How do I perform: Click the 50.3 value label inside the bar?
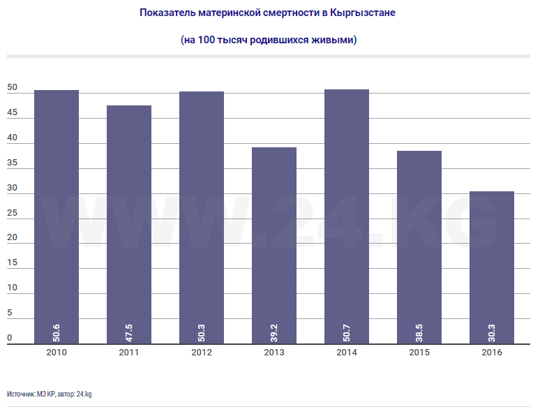point(202,330)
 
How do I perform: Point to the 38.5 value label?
point(419,330)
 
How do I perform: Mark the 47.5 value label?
point(129,330)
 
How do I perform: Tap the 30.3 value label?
point(492,330)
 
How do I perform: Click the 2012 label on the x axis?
point(202,353)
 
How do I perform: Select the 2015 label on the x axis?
point(419,353)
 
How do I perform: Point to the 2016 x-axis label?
point(492,353)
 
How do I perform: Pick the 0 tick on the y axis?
point(10,338)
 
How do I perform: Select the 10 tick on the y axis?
point(12,288)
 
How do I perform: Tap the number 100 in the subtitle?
point(207,40)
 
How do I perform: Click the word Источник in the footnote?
point(21,394)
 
